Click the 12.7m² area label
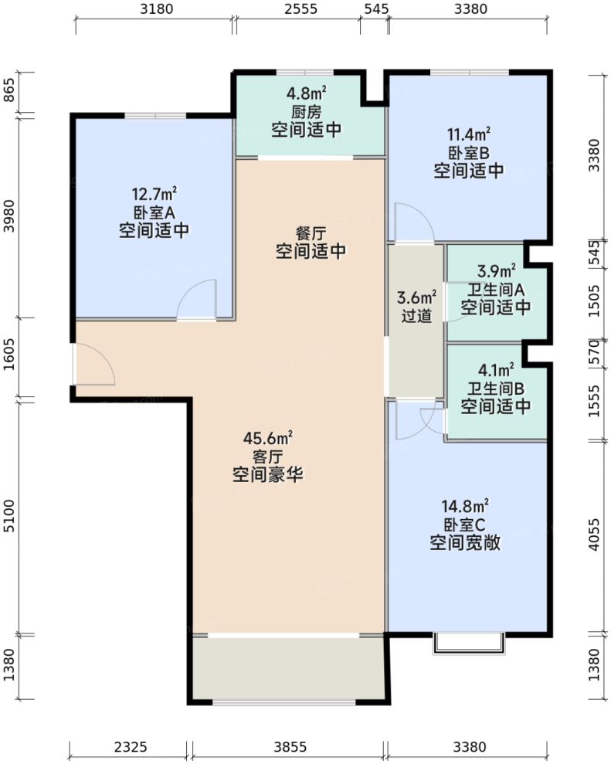(x=154, y=192)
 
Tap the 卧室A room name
(x=154, y=212)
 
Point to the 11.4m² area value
(x=468, y=133)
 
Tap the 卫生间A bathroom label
(x=496, y=289)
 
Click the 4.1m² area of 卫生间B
(x=496, y=369)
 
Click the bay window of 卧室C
(x=468, y=642)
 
